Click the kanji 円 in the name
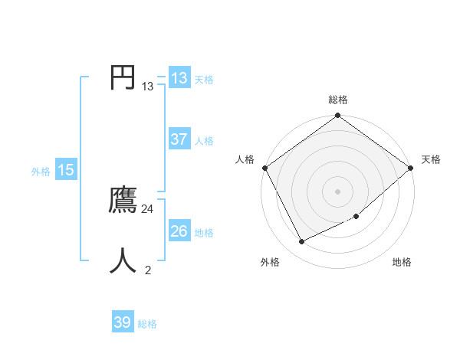click(123, 77)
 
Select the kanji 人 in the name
click(123, 260)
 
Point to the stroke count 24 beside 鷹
click(148, 209)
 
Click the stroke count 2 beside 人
click(148, 270)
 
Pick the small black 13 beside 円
click(148, 87)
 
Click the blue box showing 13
click(179, 78)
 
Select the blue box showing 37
click(179, 139)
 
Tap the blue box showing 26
click(179, 231)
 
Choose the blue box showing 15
click(66, 170)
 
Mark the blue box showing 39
click(122, 322)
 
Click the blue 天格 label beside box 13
click(204, 80)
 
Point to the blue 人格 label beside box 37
click(204, 141)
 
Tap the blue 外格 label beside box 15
click(41, 172)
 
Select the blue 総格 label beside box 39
click(147, 324)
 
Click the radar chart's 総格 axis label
click(338, 100)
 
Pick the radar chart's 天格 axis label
click(431, 159)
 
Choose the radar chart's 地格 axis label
click(402, 263)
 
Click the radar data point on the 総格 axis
click(338, 116)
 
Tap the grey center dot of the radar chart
click(338, 191)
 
